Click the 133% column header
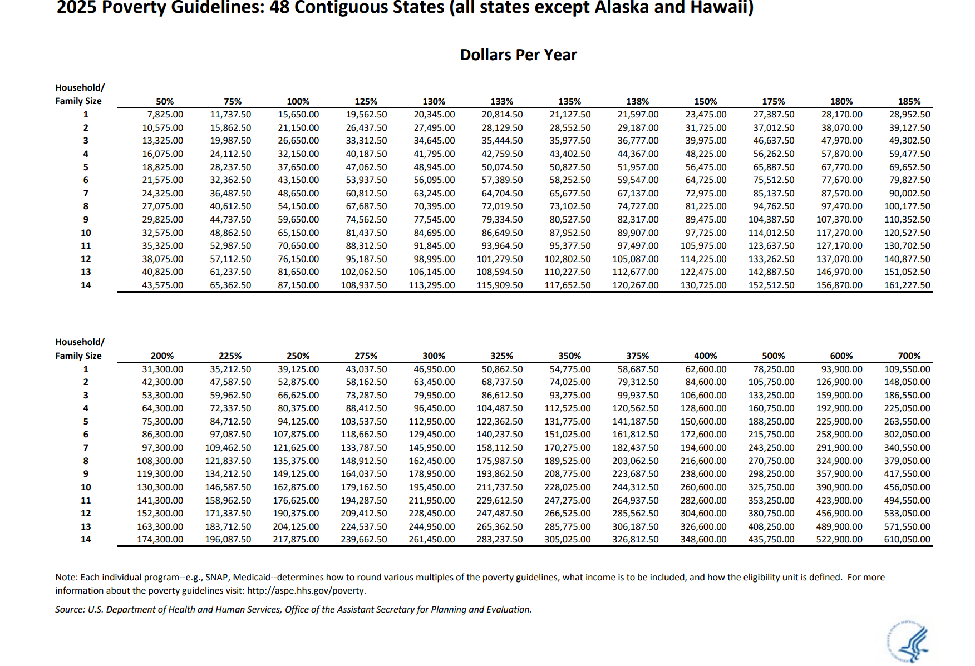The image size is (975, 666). click(x=501, y=101)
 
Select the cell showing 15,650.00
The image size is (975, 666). click(x=298, y=114)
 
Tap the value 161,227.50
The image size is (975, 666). click(x=907, y=285)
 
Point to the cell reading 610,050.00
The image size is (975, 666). click(x=907, y=539)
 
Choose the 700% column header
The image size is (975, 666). click(x=909, y=356)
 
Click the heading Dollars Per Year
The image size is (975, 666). click(x=518, y=55)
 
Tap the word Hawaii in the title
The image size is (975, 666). click(x=723, y=8)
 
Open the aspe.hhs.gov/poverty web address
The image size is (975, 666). click(x=306, y=591)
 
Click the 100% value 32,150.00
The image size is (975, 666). click(x=298, y=154)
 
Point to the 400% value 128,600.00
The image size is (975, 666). click(x=703, y=408)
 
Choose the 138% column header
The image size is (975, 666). click(x=637, y=101)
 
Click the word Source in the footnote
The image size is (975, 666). click(x=70, y=609)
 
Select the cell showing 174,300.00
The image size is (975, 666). click(x=160, y=539)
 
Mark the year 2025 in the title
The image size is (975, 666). click(x=77, y=8)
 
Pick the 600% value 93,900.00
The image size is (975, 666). click(x=841, y=369)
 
